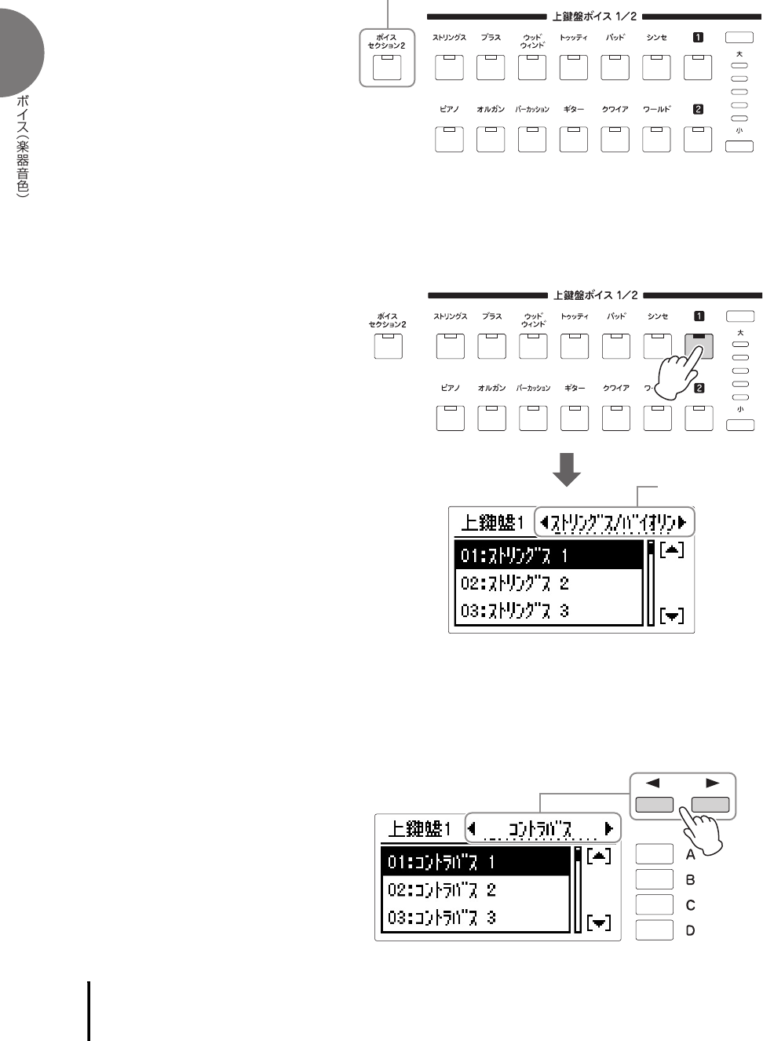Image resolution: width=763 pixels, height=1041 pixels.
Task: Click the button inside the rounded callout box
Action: click(386, 68)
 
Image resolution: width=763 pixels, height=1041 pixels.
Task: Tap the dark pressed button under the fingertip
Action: click(699, 345)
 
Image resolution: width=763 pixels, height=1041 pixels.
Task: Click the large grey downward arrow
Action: click(567, 469)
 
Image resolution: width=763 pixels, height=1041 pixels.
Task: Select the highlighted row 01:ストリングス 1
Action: click(549, 555)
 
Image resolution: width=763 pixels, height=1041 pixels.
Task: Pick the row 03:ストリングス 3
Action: click(549, 611)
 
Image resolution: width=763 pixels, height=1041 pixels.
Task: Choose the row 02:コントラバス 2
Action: click(475, 889)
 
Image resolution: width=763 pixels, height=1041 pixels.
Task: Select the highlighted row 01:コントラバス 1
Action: click(475, 862)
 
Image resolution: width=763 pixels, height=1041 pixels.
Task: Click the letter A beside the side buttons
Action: click(691, 854)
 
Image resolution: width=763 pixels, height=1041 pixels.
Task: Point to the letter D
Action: click(691, 930)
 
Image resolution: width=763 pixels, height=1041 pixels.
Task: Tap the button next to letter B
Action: click(654, 879)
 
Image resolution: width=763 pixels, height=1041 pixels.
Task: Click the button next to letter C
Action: click(654, 904)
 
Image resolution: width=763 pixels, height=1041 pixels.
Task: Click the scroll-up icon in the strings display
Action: click(672, 550)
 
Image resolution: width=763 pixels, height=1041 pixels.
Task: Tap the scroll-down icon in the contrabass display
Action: click(599, 922)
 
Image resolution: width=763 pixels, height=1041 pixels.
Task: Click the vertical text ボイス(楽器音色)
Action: click(23, 146)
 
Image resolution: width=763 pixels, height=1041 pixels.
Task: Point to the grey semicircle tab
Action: click(19, 52)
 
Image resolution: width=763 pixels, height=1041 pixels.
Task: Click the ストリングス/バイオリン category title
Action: click(614, 522)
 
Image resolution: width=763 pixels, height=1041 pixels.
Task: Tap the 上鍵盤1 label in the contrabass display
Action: click(419, 829)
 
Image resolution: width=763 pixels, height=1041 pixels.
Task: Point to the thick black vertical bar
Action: click(89, 1010)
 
